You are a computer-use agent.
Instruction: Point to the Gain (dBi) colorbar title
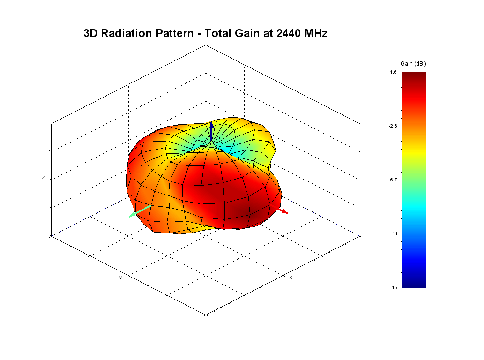click(x=413, y=63)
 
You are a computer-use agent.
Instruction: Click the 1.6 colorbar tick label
click(x=393, y=72)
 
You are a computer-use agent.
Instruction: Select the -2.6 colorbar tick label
click(x=393, y=126)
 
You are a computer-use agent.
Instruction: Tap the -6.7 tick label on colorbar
click(x=393, y=180)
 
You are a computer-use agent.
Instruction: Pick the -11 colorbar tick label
click(x=394, y=233)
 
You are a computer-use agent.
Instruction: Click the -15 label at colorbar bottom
click(x=394, y=287)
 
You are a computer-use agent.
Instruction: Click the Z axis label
click(x=44, y=178)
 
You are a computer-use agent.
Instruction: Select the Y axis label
click(x=120, y=278)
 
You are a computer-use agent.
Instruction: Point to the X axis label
click(x=290, y=278)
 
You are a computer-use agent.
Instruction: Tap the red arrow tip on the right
click(x=285, y=213)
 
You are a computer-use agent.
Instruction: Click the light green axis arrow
click(x=140, y=211)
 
